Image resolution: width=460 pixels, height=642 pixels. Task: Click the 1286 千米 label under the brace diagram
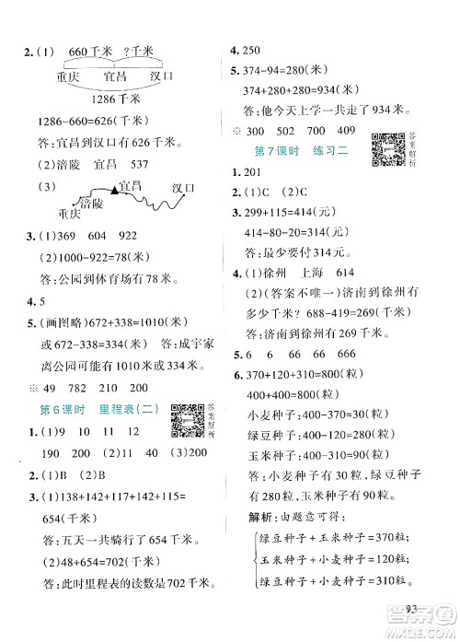tap(121, 99)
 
